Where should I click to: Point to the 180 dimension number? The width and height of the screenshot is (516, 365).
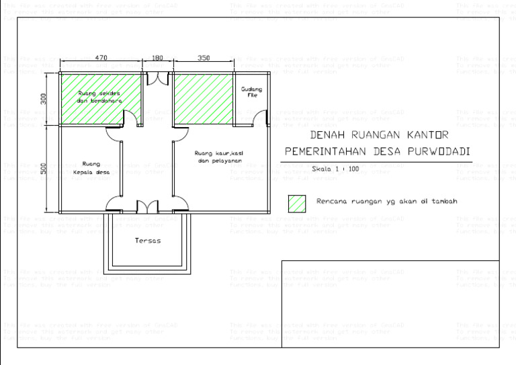coord(158,58)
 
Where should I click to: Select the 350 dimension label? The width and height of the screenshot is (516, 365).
coord(204,58)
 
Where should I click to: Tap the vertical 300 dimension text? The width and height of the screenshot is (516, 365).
coord(44,99)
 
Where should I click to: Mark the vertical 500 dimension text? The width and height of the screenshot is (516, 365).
coord(44,167)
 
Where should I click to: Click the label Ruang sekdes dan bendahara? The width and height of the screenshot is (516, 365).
coord(99,96)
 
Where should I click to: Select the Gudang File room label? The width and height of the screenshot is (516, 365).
coord(252,92)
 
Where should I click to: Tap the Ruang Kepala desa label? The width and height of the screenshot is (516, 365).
coord(91,167)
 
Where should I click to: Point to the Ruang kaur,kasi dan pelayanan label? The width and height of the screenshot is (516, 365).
coord(219,157)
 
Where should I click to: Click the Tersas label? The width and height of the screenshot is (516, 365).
coord(147,240)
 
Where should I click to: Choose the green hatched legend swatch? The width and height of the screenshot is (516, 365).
coord(296,202)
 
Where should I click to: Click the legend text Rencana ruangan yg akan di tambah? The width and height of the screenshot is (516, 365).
coord(386,201)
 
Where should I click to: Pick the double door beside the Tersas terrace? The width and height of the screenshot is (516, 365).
coord(146,206)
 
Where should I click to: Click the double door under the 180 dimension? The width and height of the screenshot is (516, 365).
coord(158,77)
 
